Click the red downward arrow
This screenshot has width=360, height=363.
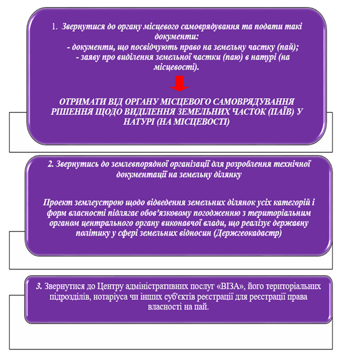(x=180, y=83)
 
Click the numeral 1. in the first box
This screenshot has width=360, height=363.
(x=55, y=27)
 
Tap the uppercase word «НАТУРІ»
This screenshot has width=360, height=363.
(x=139, y=122)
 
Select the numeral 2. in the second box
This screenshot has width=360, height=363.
(x=51, y=164)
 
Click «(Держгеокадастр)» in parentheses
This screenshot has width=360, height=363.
(x=247, y=233)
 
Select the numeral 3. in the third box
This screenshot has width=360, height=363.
(x=39, y=287)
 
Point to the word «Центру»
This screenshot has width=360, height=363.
(x=110, y=287)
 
